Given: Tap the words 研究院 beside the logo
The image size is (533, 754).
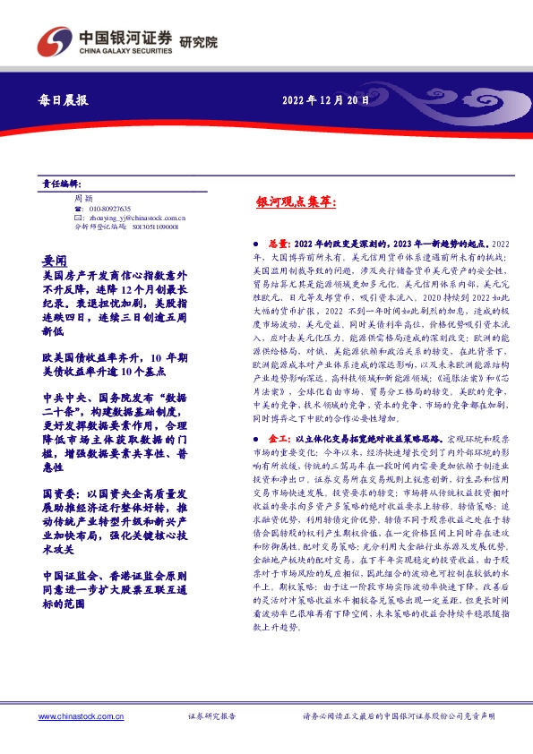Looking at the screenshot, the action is tap(199, 41).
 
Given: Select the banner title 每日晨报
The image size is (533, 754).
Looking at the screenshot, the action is tap(64, 101).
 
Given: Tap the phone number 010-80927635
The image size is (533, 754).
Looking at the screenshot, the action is tap(109, 207).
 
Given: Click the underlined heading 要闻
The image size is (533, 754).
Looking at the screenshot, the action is tap(53, 260).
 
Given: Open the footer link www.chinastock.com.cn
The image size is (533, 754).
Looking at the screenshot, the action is tap(80, 716).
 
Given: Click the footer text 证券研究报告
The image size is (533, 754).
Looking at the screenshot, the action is tap(211, 716).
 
